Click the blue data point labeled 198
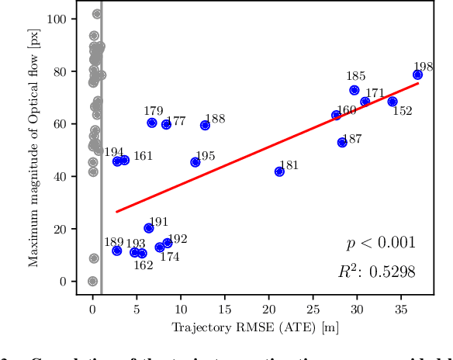click(417, 74)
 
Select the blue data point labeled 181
click(279, 171)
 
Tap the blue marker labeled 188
click(205, 125)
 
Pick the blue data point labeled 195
click(195, 162)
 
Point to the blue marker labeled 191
click(149, 228)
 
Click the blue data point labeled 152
click(392, 102)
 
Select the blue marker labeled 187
click(342, 142)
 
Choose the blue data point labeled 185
click(354, 90)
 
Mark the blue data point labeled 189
click(116, 251)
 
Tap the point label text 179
click(153, 111)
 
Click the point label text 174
click(169, 257)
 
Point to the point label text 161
click(143, 156)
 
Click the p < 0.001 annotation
click(380, 244)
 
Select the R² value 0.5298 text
click(376, 272)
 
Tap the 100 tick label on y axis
click(57, 19)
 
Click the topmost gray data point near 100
click(96, 14)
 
